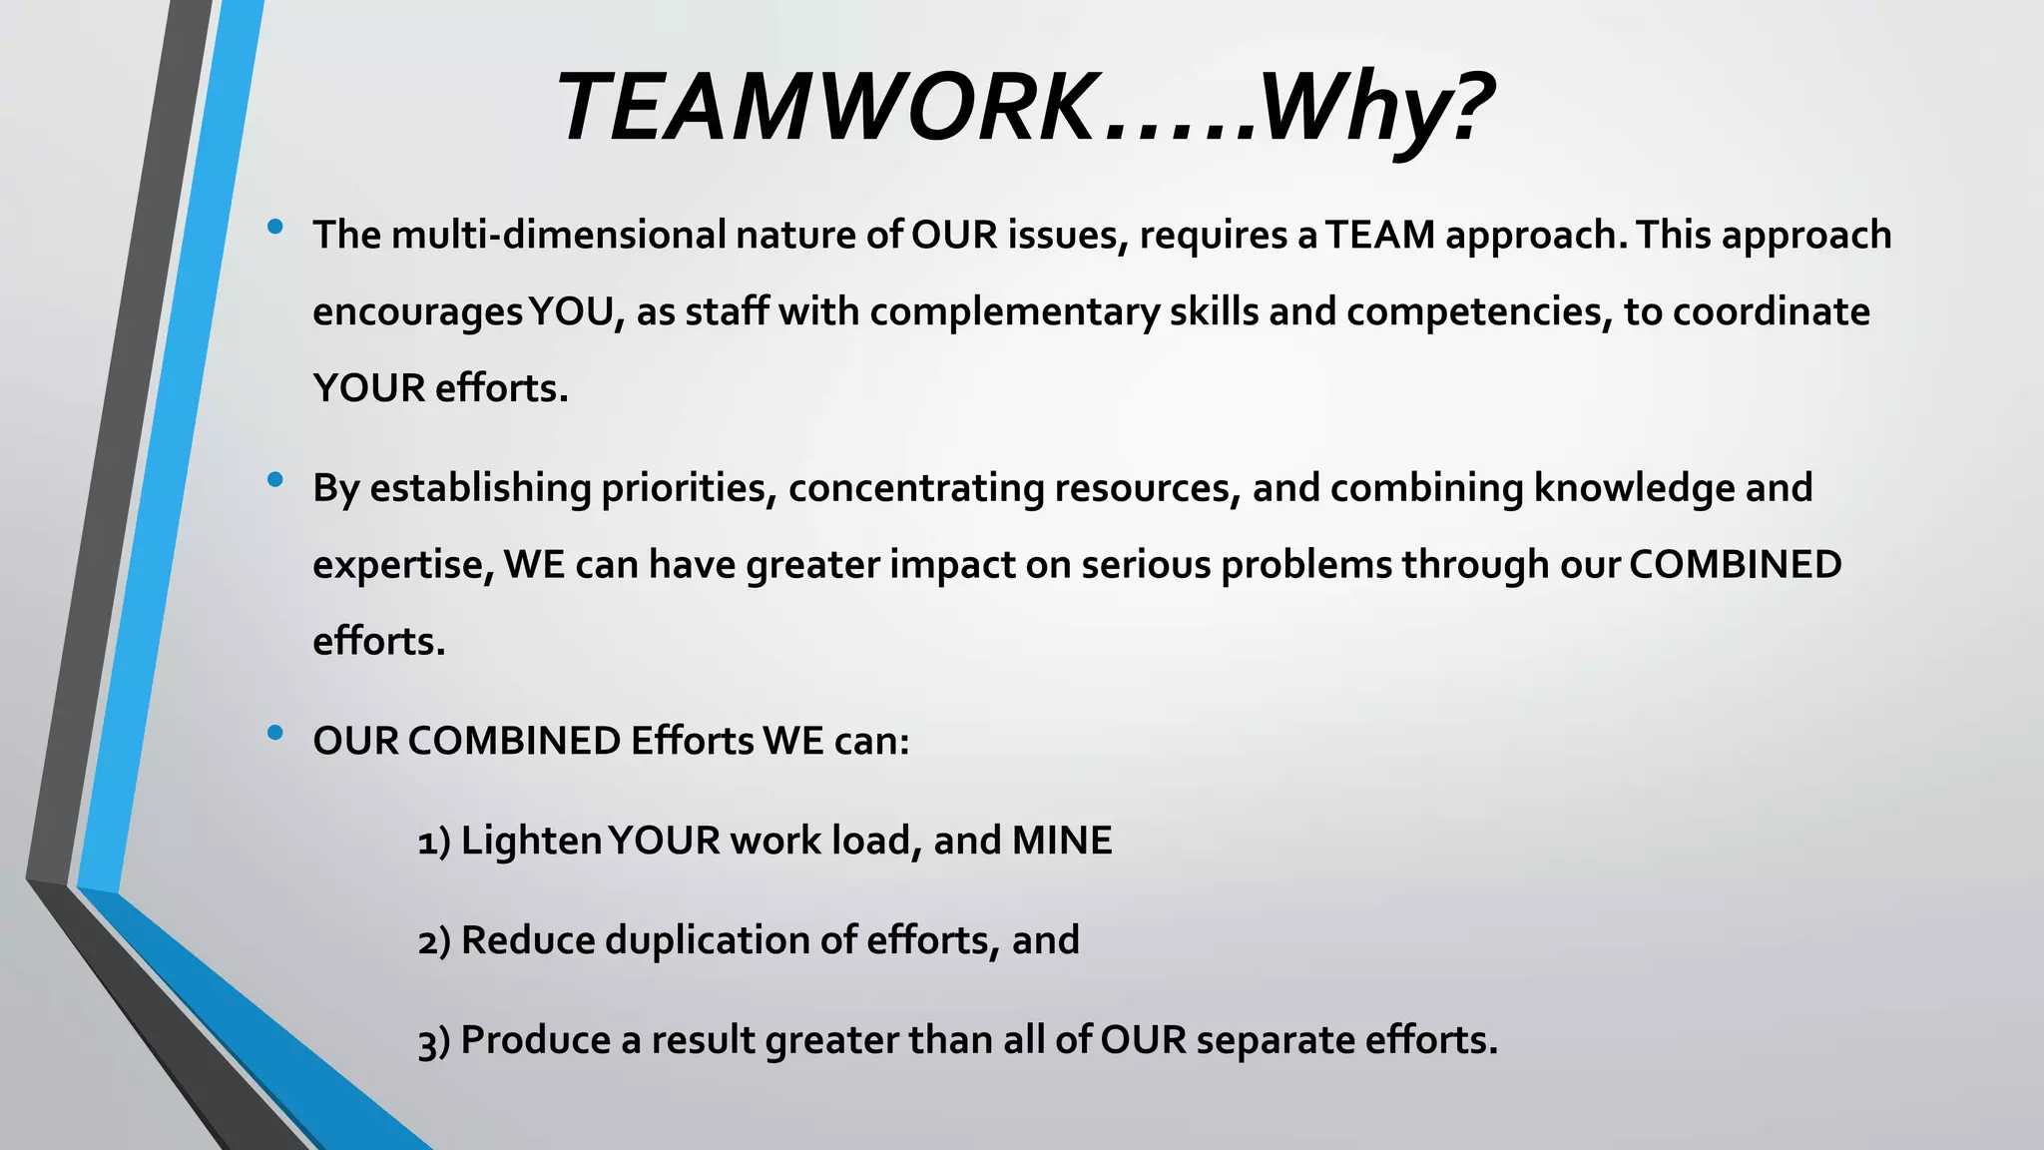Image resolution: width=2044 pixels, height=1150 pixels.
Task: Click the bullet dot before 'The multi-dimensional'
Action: point(275,228)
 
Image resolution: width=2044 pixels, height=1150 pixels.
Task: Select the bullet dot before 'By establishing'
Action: point(275,480)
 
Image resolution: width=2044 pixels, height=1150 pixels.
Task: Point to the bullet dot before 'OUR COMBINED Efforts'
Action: point(275,734)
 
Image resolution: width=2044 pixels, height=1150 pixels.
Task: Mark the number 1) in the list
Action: point(434,842)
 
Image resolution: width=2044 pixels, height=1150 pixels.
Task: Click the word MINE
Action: point(1062,841)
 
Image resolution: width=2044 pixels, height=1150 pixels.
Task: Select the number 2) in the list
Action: point(434,941)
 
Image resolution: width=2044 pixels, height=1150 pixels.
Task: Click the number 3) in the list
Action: point(434,1042)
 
